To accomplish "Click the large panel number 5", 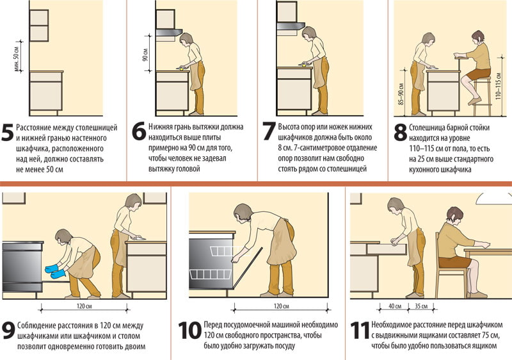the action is pyautogui.click(x=8, y=133).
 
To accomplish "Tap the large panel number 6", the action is pyautogui.click(x=139, y=132).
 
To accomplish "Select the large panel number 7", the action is pyautogui.click(x=269, y=131).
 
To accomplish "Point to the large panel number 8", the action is pyautogui.click(x=401, y=133).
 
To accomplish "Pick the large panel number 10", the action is pyautogui.click(x=189, y=331).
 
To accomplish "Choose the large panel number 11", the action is pyautogui.click(x=360, y=331).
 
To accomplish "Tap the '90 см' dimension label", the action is pyautogui.click(x=145, y=54).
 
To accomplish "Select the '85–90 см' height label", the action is pyautogui.click(x=401, y=94).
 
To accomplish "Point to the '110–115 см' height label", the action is pyautogui.click(x=498, y=85).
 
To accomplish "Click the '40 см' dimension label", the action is pyautogui.click(x=395, y=306).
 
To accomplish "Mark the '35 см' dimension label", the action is pyautogui.click(x=421, y=306).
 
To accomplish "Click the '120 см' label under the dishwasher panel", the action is pyautogui.click(x=281, y=306).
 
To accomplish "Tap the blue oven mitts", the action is pyautogui.click(x=55, y=272).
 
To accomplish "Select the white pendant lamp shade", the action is pyautogui.click(x=493, y=198).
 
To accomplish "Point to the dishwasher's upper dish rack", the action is pyautogui.click(x=225, y=251).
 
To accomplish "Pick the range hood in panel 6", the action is pyautogui.click(x=169, y=32).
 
